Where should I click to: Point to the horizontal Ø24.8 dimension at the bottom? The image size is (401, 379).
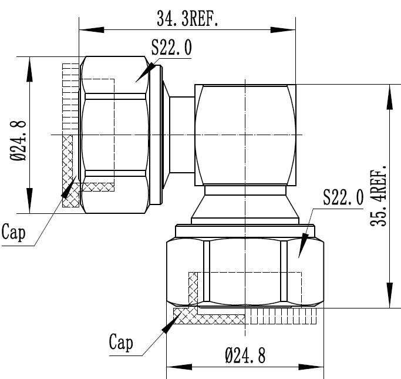coord(245,355)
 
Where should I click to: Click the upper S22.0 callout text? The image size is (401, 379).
coord(171,48)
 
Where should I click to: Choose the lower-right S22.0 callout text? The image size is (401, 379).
coord(343,199)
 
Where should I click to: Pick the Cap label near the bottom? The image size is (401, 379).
coord(121,342)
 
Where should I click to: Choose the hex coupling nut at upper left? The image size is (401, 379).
coord(114,135)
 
